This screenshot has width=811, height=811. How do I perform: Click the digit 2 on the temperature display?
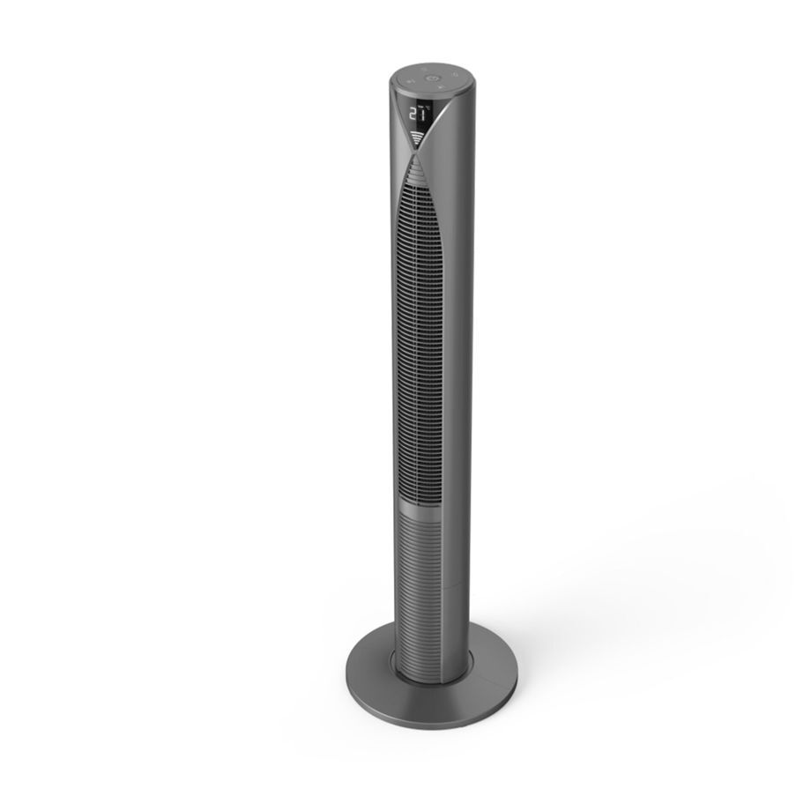click(x=414, y=114)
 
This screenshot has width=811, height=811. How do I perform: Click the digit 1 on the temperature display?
click(x=424, y=113)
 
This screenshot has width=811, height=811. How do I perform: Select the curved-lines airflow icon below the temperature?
click(x=417, y=136)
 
